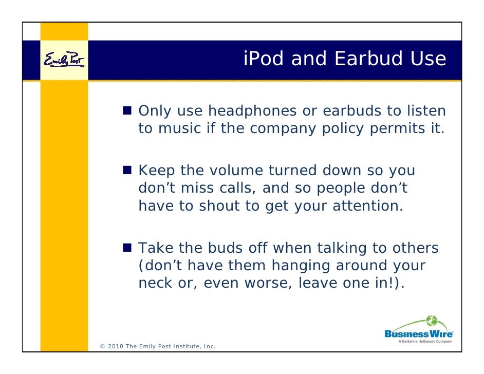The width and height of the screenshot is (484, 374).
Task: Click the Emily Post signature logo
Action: tap(64, 60)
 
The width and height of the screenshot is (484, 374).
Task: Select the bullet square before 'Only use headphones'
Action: tap(128, 110)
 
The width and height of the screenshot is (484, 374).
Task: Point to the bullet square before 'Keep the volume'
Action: tap(128, 170)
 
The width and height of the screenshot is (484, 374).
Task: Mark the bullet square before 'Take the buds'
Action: tap(128, 249)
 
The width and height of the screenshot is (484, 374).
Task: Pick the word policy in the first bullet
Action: tap(344, 128)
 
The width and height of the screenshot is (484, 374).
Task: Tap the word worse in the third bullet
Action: tap(268, 284)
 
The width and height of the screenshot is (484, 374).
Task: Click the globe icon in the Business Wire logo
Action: tap(431, 321)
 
